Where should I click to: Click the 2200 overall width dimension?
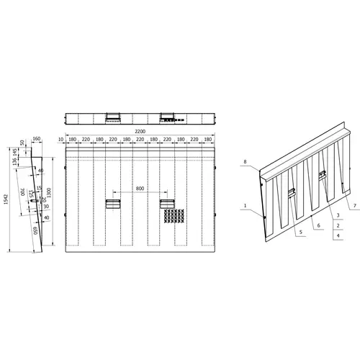tap(140, 132)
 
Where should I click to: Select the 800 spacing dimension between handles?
tap(139, 189)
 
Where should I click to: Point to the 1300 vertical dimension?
tap(49, 192)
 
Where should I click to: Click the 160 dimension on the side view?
tap(37, 140)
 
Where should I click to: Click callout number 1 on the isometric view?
tap(245, 207)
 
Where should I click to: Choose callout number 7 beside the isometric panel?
tap(355, 206)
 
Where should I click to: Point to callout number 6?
tap(318, 225)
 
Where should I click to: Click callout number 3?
tap(338, 215)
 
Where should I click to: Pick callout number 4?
tap(338, 235)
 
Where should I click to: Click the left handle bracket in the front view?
tap(113, 204)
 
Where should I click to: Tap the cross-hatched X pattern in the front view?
tap(172, 215)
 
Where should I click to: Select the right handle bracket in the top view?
tap(167, 115)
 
